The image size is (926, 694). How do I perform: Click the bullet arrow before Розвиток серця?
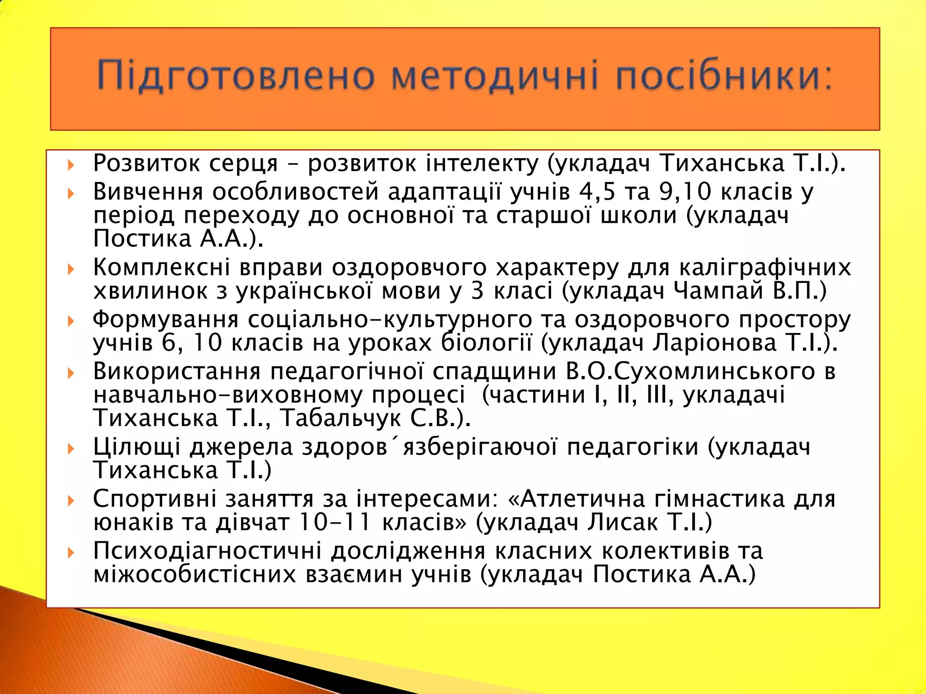(x=71, y=165)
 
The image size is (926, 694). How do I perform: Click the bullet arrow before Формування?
(x=71, y=321)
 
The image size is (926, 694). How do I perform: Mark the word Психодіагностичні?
(x=208, y=551)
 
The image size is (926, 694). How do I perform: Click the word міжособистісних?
(x=195, y=574)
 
